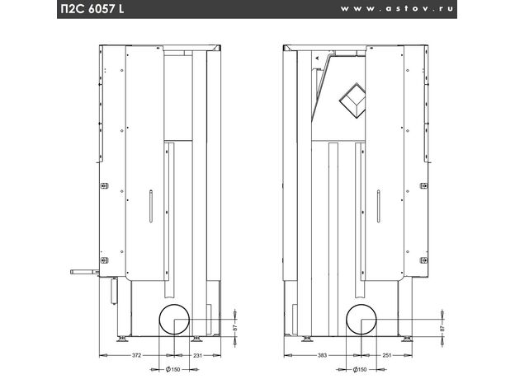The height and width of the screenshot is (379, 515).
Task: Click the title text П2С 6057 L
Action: pyautogui.click(x=92, y=9)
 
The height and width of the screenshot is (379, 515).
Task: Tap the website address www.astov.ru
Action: pyautogui.click(x=396, y=9)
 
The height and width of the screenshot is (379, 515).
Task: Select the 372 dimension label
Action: pyautogui.click(x=136, y=355)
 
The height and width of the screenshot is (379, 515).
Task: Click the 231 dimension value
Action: pyautogui.click(x=198, y=355)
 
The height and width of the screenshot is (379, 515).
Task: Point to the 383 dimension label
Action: pyautogui.click(x=322, y=355)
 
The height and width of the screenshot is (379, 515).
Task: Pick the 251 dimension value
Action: pyautogui.click(x=387, y=355)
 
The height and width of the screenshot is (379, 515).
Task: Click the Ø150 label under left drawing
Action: pyautogui.click(x=173, y=369)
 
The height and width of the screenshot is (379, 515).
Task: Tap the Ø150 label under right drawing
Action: pyautogui.click(x=360, y=369)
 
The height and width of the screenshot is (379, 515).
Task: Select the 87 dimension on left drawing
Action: pyautogui.click(x=235, y=327)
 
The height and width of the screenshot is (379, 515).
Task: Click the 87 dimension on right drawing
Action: pyautogui.click(x=442, y=327)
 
